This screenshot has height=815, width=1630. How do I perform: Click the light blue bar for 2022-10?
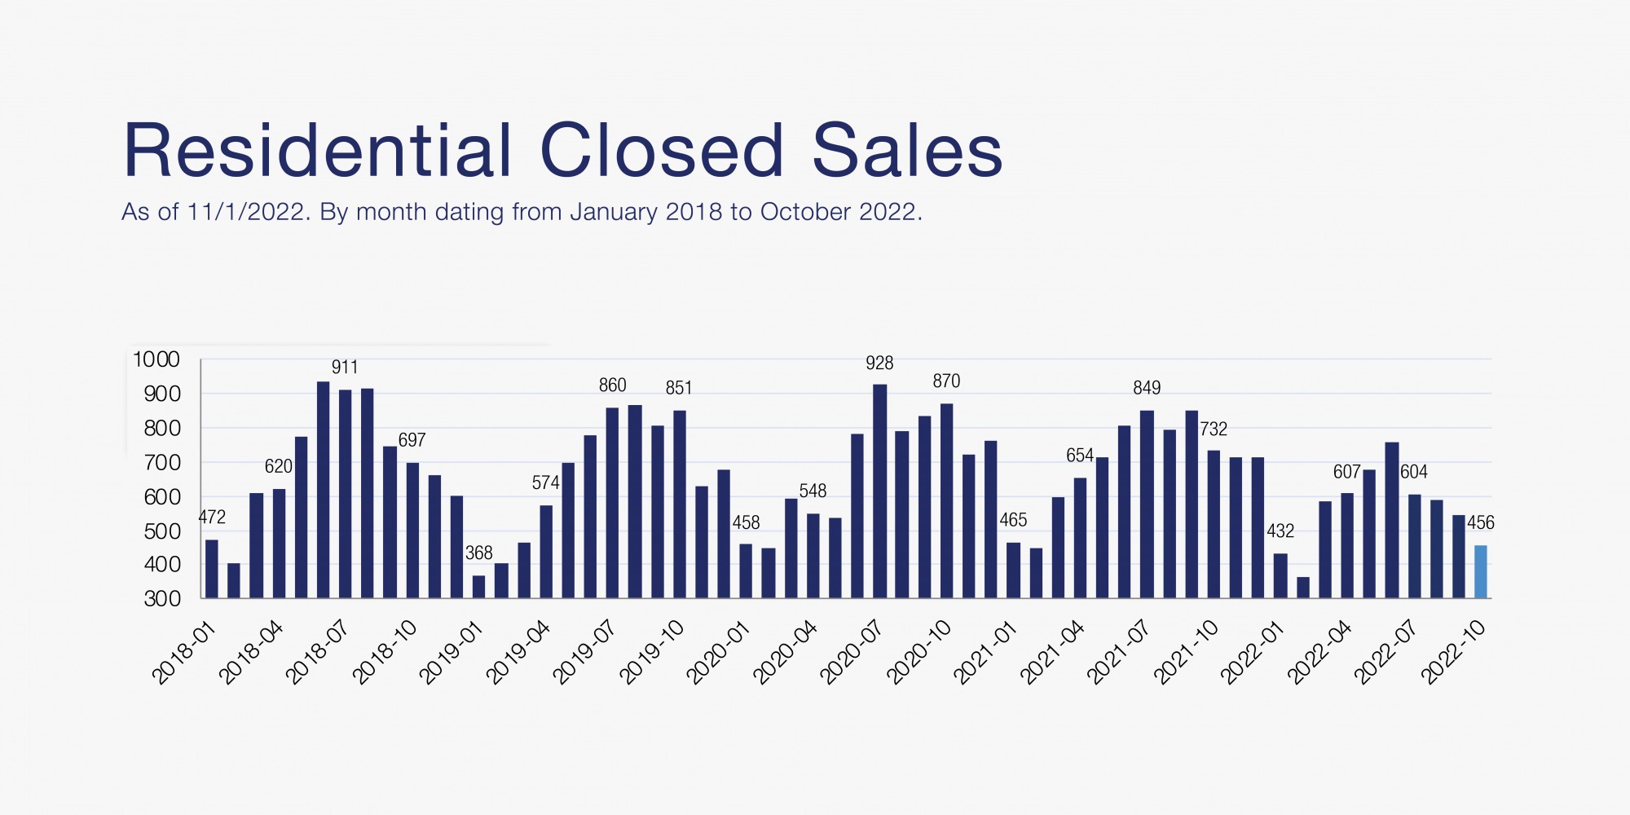click(x=1480, y=571)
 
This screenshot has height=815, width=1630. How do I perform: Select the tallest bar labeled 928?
click(x=879, y=491)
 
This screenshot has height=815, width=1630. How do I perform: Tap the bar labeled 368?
click(x=478, y=587)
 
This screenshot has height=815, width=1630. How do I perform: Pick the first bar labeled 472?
click(x=212, y=569)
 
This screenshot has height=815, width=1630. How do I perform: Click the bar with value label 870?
click(x=946, y=500)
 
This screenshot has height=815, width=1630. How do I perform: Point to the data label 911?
click(x=345, y=368)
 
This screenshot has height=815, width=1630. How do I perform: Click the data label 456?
click(x=1480, y=523)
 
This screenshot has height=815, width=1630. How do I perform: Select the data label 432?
click(x=1280, y=531)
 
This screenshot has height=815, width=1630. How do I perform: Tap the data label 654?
click(x=1080, y=456)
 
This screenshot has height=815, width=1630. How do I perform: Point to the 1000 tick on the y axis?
click(x=156, y=359)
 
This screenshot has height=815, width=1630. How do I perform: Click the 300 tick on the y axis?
click(x=162, y=599)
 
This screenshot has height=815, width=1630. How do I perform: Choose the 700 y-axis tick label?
click(x=162, y=463)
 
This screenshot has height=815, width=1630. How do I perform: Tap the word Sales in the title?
click(x=907, y=151)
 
